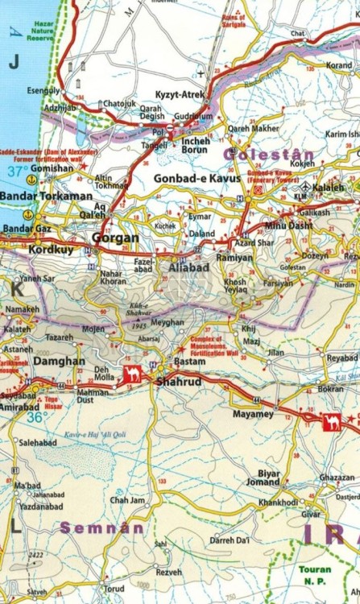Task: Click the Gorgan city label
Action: click(115, 238)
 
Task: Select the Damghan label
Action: click(58, 362)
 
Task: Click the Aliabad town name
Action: click(188, 267)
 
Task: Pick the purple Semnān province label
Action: click(103, 528)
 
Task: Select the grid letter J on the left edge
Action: click(12, 61)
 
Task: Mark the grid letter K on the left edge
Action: click(14, 286)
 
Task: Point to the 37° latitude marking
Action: click(14, 171)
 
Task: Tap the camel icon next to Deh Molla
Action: click(132, 374)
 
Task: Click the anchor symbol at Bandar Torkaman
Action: click(29, 215)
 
